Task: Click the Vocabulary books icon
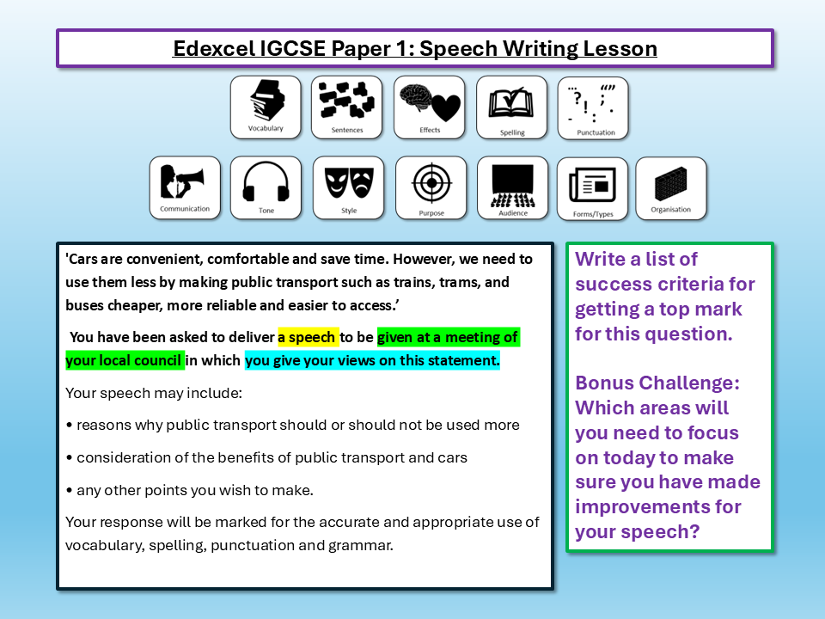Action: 266,107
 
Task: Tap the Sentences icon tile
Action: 347,107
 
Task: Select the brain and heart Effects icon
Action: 430,107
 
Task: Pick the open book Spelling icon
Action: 512,107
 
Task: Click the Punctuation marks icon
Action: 593,107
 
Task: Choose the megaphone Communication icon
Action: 185,187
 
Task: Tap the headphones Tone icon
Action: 266,187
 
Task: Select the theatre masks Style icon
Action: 348,187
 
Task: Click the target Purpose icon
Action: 431,187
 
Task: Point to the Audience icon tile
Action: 512,187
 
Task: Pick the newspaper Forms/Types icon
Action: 593,187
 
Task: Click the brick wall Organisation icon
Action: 671,187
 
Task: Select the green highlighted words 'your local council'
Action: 125,361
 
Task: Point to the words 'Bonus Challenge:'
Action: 657,383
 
